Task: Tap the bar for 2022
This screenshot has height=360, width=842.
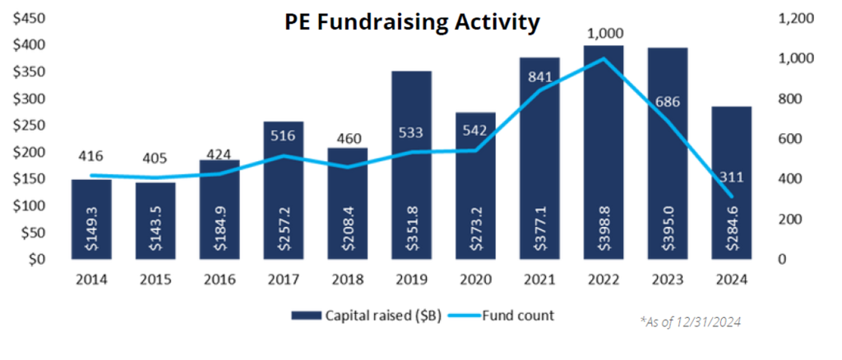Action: coord(603,152)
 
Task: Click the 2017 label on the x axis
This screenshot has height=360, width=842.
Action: coord(283,279)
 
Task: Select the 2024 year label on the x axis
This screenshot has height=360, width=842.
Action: coord(731,279)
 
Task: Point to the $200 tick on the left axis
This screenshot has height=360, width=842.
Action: coord(28,152)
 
